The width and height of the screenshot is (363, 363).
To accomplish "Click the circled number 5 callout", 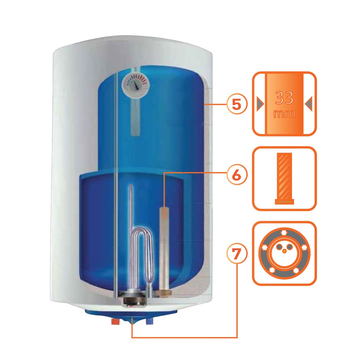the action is pyautogui.click(x=236, y=105).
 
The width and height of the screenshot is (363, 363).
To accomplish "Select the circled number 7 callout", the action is pyautogui.click(x=236, y=254).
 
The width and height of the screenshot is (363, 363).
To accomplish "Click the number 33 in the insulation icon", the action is pyautogui.click(x=284, y=98).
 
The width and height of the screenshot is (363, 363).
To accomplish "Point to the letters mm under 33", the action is pyautogui.click(x=284, y=114).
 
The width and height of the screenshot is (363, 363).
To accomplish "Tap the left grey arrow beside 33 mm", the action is pyautogui.click(x=260, y=104).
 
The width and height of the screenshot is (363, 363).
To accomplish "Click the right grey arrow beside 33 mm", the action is pyautogui.click(x=309, y=104).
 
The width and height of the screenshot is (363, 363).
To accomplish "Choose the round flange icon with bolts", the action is pyautogui.click(x=284, y=253).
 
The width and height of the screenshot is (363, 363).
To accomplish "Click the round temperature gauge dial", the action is pyautogui.click(x=136, y=84).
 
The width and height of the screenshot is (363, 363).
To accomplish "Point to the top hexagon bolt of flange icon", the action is pyautogui.click(x=284, y=232).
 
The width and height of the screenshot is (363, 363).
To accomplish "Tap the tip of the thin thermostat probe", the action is pyautogui.click(x=131, y=184).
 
